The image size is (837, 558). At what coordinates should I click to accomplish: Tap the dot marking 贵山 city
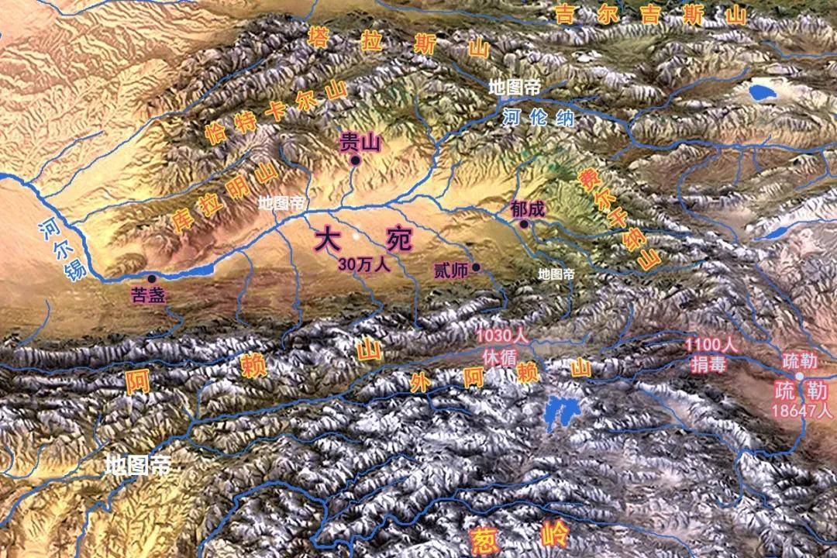pyautogui.click(x=355, y=160)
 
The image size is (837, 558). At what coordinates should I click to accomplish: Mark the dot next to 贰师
pyautogui.click(x=476, y=268)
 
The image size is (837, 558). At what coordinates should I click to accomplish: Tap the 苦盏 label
pyautogui.click(x=150, y=294)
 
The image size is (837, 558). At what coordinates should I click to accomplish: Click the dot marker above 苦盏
pyautogui.click(x=150, y=277)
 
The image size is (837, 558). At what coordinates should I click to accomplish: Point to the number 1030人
pyautogui.click(x=501, y=337)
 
